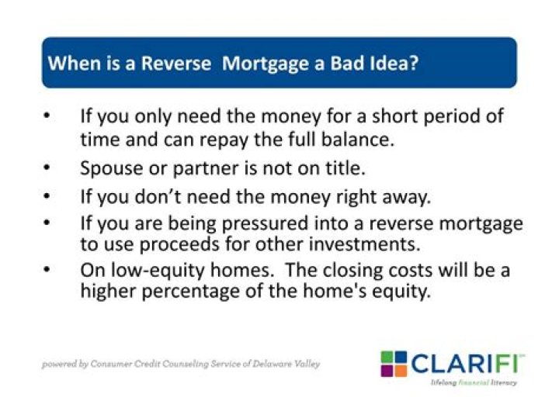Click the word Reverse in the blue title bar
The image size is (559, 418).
pyautogui.click(x=175, y=63)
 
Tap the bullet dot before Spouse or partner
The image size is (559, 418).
pyautogui.click(x=49, y=168)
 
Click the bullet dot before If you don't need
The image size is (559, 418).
pyautogui.click(x=49, y=196)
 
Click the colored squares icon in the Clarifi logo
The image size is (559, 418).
pyautogui.click(x=394, y=364)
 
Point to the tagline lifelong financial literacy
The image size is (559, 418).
pyautogui.click(x=474, y=383)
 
